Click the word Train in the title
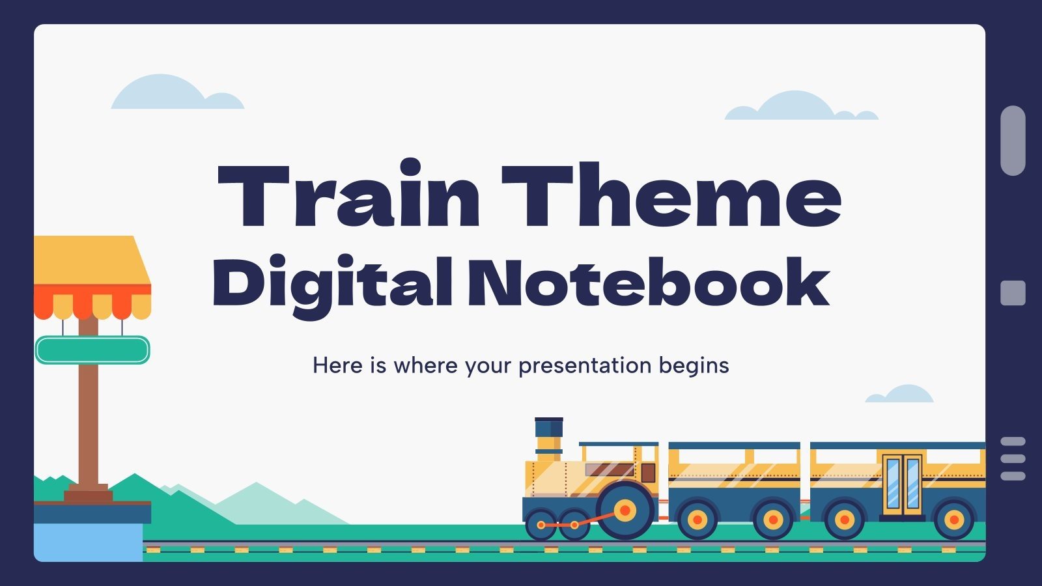click(x=348, y=195)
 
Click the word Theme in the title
click(x=671, y=195)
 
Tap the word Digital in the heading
click(x=332, y=284)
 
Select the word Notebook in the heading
click(x=648, y=284)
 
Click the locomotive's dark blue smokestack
click(x=548, y=428)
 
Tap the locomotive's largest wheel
click(x=625, y=510)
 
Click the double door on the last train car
click(x=903, y=483)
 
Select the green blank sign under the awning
click(x=92, y=350)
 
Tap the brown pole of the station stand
click(x=88, y=423)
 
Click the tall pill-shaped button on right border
click(x=1013, y=140)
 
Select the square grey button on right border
click(x=1013, y=293)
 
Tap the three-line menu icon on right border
click(x=1013, y=458)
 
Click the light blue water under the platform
click(x=88, y=542)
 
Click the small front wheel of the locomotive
click(x=541, y=524)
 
